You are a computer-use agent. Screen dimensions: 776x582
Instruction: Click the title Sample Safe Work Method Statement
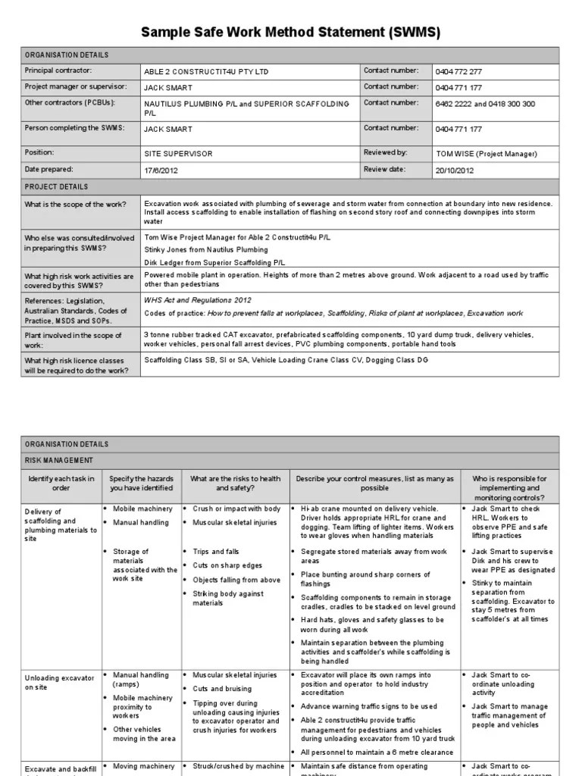pos(290,33)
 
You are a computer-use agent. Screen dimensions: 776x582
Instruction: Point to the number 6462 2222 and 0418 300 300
pos(485,104)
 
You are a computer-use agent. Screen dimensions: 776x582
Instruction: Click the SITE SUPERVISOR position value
pos(178,154)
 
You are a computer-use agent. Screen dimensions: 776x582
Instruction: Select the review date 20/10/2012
pos(455,171)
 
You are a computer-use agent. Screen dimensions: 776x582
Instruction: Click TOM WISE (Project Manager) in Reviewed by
pos(487,154)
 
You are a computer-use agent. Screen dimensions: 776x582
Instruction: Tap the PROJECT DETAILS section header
pos(56,186)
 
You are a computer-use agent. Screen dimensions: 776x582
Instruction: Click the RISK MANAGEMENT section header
pos(59,460)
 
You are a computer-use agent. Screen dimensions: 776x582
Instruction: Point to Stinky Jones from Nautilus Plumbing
pos(206,249)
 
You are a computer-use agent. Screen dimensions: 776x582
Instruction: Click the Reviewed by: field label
pos(385,152)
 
